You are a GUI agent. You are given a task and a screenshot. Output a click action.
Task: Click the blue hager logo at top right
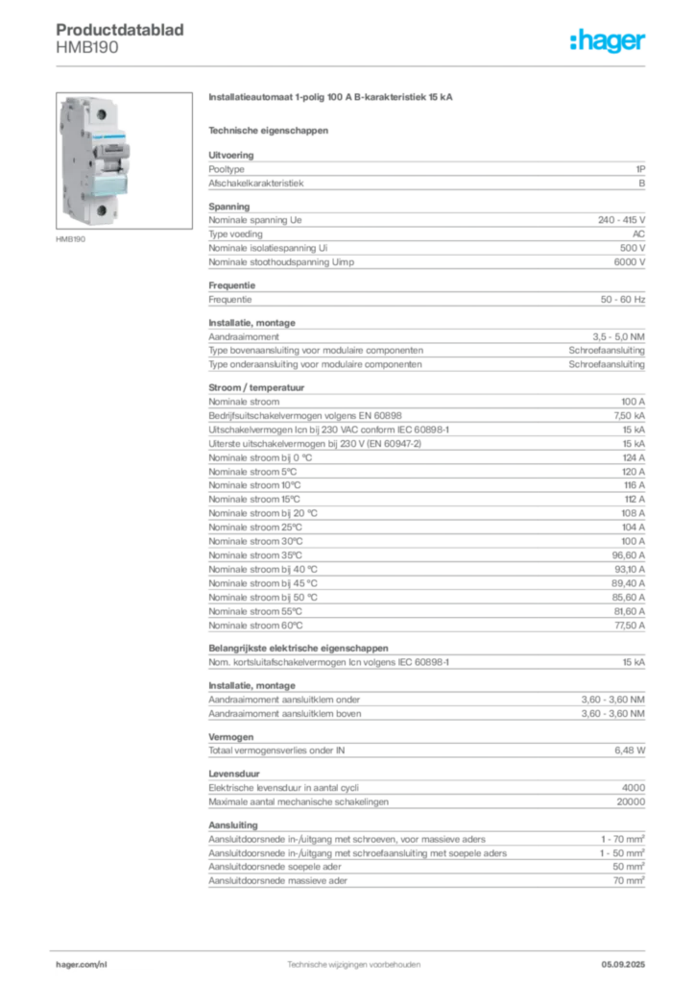(x=609, y=42)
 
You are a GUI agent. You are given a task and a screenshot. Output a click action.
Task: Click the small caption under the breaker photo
(x=73, y=238)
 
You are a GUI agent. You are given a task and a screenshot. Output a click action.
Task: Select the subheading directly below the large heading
(x=269, y=129)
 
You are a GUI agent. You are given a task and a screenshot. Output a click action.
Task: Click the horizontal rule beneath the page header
(x=353, y=65)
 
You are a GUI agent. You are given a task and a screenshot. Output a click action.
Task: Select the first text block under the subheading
(x=426, y=171)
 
